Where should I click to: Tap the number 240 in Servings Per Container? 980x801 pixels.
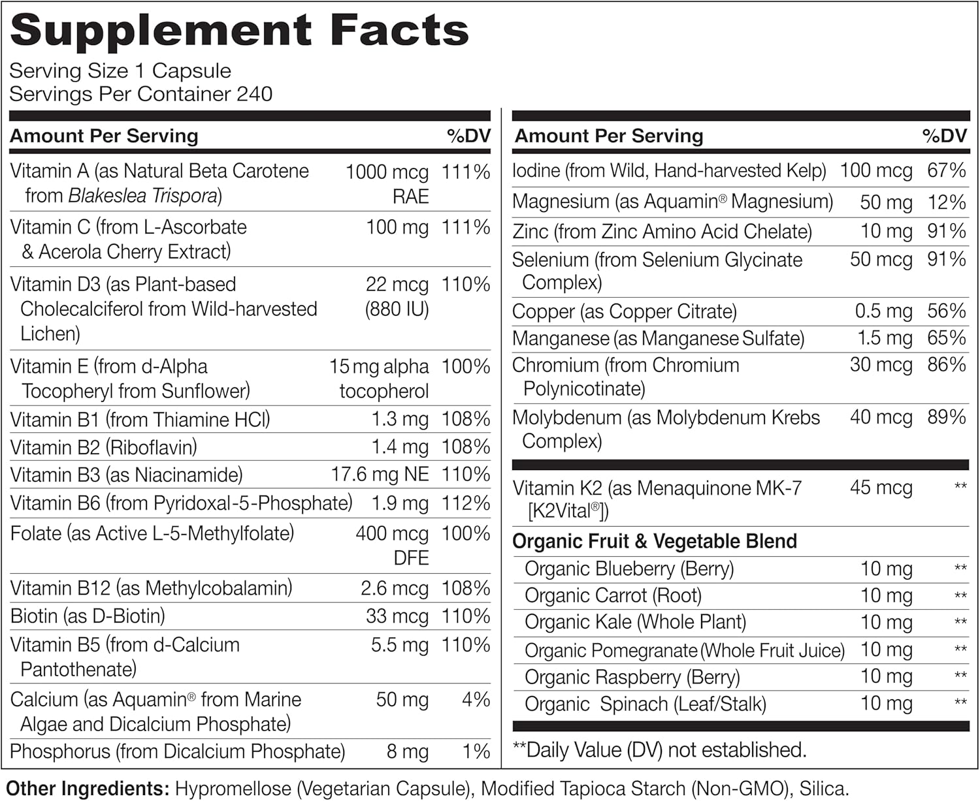[254, 94]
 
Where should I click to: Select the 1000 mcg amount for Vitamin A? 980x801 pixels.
[387, 172]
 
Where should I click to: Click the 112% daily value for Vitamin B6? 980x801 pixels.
[466, 503]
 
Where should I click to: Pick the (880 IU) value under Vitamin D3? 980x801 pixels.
[397, 309]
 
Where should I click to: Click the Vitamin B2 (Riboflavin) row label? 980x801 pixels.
[104, 447]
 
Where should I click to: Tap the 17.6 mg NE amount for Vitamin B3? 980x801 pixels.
[380, 475]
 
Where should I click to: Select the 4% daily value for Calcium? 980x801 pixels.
[476, 700]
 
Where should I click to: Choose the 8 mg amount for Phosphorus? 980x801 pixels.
[408, 751]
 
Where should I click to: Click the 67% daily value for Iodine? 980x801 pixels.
[947, 171]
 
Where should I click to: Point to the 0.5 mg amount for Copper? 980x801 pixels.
[883, 311]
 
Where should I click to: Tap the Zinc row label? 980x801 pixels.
[662, 232]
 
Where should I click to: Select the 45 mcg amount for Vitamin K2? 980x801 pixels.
[881, 488]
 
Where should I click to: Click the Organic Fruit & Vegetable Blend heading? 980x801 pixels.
[655, 541]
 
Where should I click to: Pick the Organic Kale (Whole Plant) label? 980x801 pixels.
[635, 622]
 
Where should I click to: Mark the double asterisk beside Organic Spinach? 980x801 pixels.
[960, 703]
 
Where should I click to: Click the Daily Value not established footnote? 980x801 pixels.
[660, 750]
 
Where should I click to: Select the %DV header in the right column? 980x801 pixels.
[944, 136]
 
